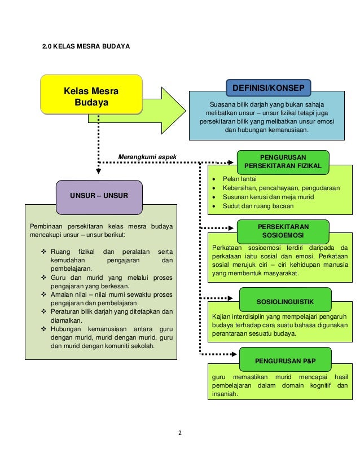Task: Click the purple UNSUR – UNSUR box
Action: click(99, 196)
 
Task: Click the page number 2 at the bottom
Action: click(180, 433)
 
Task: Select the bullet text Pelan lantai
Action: click(239, 178)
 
